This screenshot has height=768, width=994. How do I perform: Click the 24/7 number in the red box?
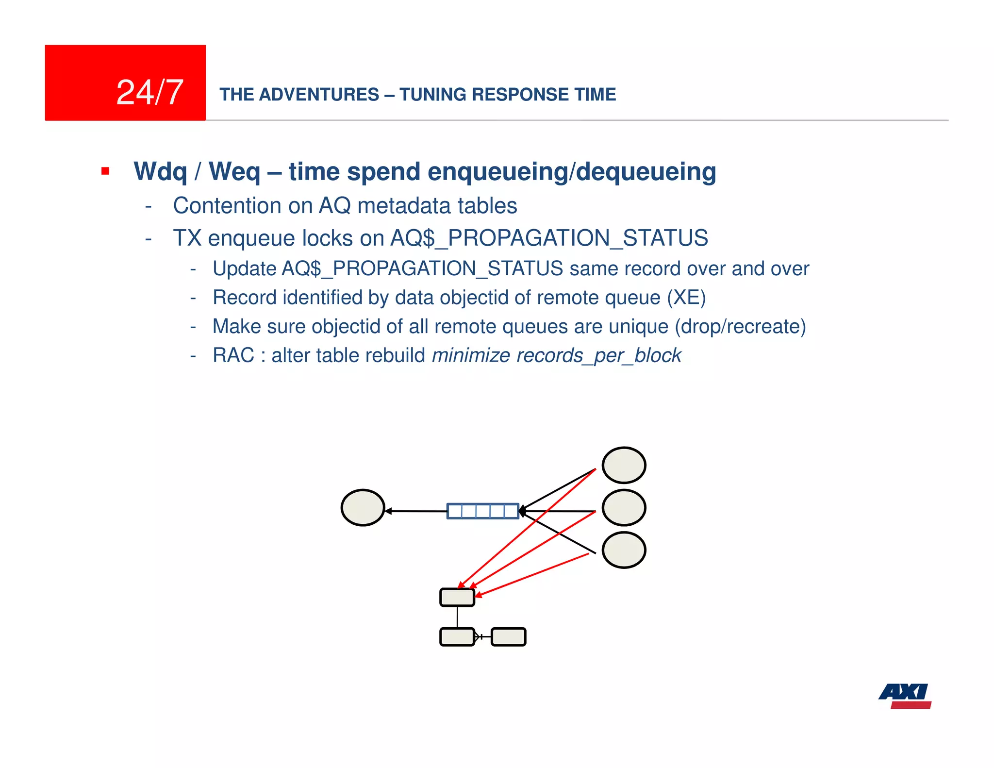pyautogui.click(x=149, y=92)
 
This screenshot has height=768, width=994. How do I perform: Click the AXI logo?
pyautogui.click(x=905, y=696)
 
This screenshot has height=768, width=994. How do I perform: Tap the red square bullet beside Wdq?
pyautogui.click(x=105, y=171)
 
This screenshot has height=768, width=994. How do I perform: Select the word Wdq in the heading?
pyautogui.click(x=160, y=172)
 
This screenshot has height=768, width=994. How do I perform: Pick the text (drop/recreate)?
pyautogui.click(x=740, y=327)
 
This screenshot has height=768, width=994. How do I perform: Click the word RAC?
pyautogui.click(x=233, y=355)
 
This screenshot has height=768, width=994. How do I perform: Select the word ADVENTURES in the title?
pyautogui.click(x=319, y=95)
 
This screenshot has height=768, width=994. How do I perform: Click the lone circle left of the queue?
pyautogui.click(x=363, y=507)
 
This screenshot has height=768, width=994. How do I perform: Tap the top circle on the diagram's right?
pyautogui.click(x=624, y=465)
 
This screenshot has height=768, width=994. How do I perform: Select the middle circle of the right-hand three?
pyautogui.click(x=624, y=507)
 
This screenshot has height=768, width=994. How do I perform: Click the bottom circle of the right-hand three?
pyautogui.click(x=624, y=550)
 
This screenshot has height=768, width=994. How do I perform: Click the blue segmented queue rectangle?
pyautogui.click(x=482, y=511)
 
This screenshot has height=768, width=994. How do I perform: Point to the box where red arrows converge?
pyautogui.click(x=457, y=597)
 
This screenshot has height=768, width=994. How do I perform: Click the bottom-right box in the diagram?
pyautogui.click(x=508, y=637)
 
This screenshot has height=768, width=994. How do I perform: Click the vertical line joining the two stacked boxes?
pyautogui.click(x=457, y=617)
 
